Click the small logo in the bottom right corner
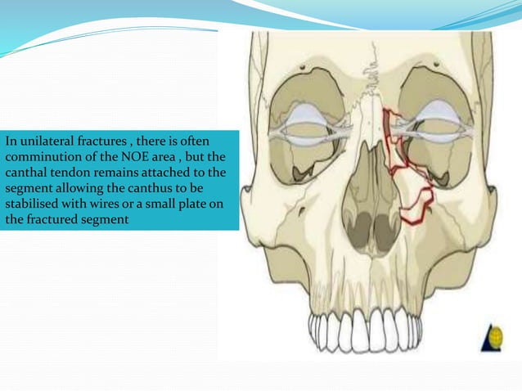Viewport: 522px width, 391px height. pyautogui.click(x=495, y=336)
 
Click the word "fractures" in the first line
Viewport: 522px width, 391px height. pyautogui.click(x=99, y=142)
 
